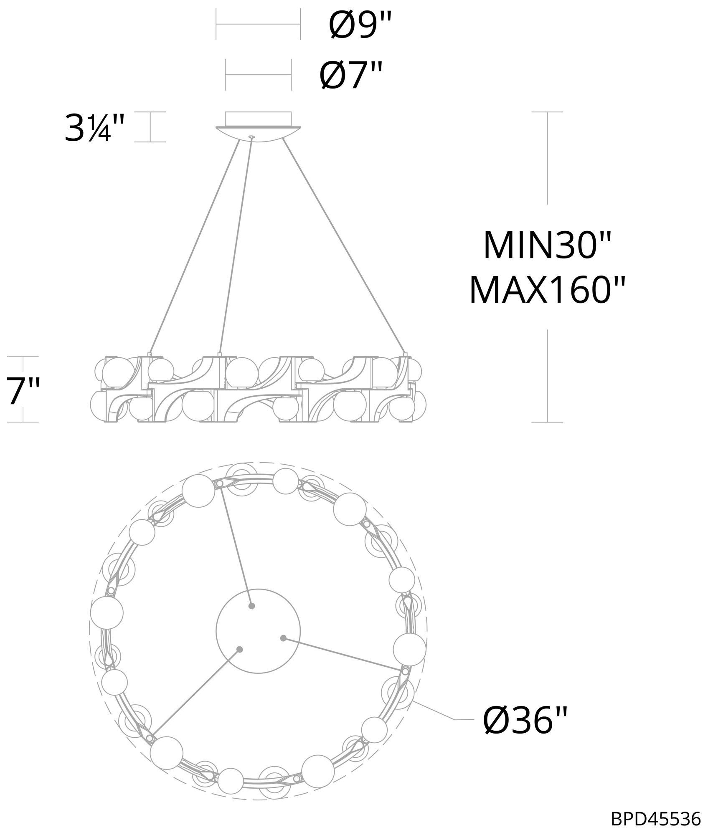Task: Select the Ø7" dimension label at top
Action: click(351, 76)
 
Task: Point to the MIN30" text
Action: click(547, 246)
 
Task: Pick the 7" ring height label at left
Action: click(23, 390)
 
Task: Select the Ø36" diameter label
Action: click(525, 721)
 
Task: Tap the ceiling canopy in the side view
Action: click(258, 125)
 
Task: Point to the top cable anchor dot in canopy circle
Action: click(251, 606)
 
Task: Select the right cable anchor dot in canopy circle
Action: click(283, 638)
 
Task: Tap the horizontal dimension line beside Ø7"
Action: click(258, 75)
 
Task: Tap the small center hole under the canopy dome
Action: click(251, 137)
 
